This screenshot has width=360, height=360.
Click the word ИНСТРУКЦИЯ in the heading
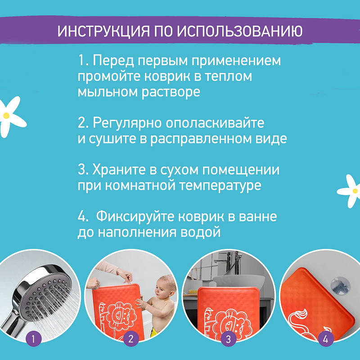pyautogui.click(x=103, y=31)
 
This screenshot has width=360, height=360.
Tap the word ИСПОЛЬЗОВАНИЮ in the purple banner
pyautogui.click(x=240, y=31)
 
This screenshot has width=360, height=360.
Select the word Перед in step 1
pyautogui.click(x=113, y=61)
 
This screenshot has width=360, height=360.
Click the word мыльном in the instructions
pyautogui.click(x=108, y=92)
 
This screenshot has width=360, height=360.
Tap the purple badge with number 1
pyautogui.click(x=33, y=339)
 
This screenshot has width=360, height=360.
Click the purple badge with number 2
pyautogui.click(x=131, y=339)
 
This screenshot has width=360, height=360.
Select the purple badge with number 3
pyautogui.click(x=228, y=339)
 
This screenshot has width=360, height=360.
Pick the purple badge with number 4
pyautogui.click(x=326, y=339)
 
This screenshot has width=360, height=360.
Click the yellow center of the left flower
pyautogui.click(x=6, y=116)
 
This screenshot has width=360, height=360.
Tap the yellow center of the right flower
pyautogui.click(x=355, y=191)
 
